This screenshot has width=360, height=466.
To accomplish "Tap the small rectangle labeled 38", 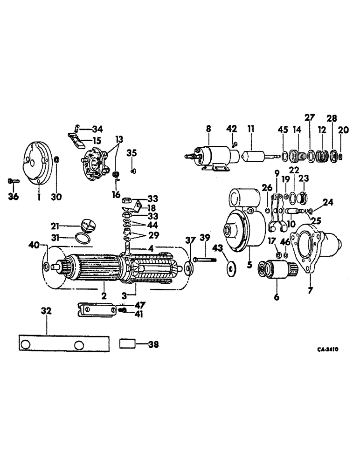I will tap(128, 344).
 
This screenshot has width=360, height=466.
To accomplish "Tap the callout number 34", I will tap(97, 129).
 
